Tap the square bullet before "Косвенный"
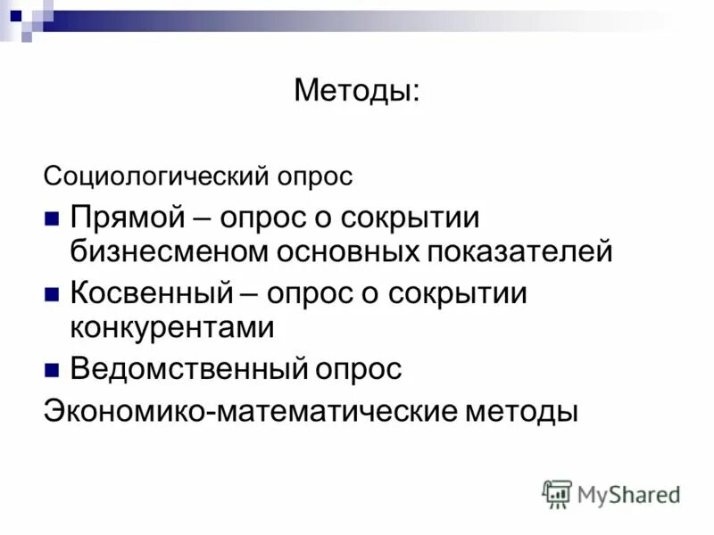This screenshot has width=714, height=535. pos(52,294)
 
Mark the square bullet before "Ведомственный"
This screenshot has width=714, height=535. pos(52,368)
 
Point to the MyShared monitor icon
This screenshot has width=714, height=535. pos(557,493)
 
